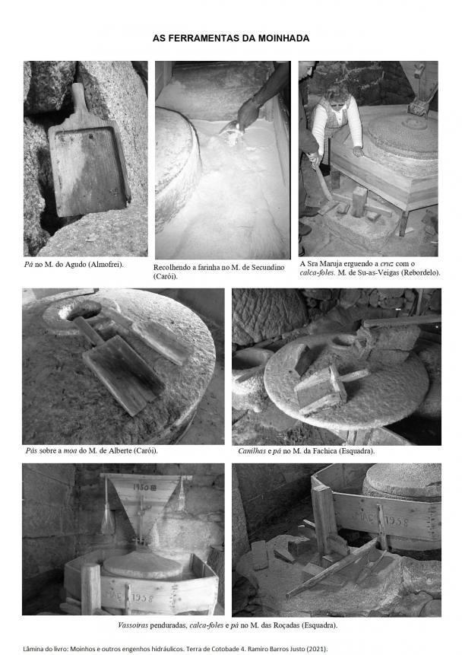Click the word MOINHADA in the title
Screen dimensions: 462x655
pyautogui.click(x=283, y=39)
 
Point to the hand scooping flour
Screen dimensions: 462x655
pyautogui.click(x=248, y=114)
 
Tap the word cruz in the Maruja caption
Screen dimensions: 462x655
pyautogui.click(x=387, y=263)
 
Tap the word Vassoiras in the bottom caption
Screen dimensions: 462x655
pyautogui.click(x=133, y=625)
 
